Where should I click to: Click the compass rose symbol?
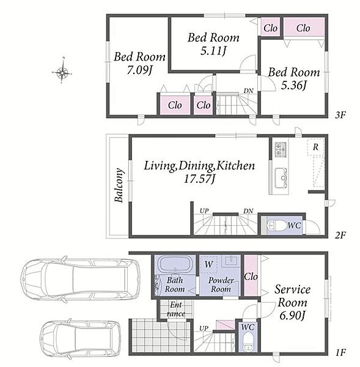pyautogui.click(x=62, y=72)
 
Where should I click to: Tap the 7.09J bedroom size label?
pyautogui.click(x=139, y=70)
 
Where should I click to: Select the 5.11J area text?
pyautogui.click(x=213, y=51)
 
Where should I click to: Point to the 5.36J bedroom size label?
pyautogui.click(x=293, y=86)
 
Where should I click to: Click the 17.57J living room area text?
pyautogui.click(x=199, y=179)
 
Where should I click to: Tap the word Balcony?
pyautogui.click(x=119, y=185)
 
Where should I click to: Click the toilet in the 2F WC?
pyautogui.click(x=277, y=226)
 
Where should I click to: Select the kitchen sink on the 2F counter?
pyautogui.click(x=281, y=178)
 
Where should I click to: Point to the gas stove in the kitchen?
pyautogui.click(x=280, y=149)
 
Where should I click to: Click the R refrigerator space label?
pyautogui.click(x=315, y=147)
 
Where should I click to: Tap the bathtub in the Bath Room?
pyautogui.click(x=174, y=264)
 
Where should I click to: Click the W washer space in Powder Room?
pyautogui.click(x=208, y=264)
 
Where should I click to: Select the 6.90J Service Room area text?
pyautogui.click(x=292, y=316)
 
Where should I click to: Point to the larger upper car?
pyautogui.click(x=80, y=280)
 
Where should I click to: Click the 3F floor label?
pyautogui.click(x=340, y=115)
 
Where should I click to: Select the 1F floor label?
pyautogui.click(x=340, y=352)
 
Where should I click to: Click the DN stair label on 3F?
pyautogui.click(x=248, y=91)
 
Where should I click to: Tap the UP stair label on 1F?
pyautogui.click(x=204, y=328)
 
